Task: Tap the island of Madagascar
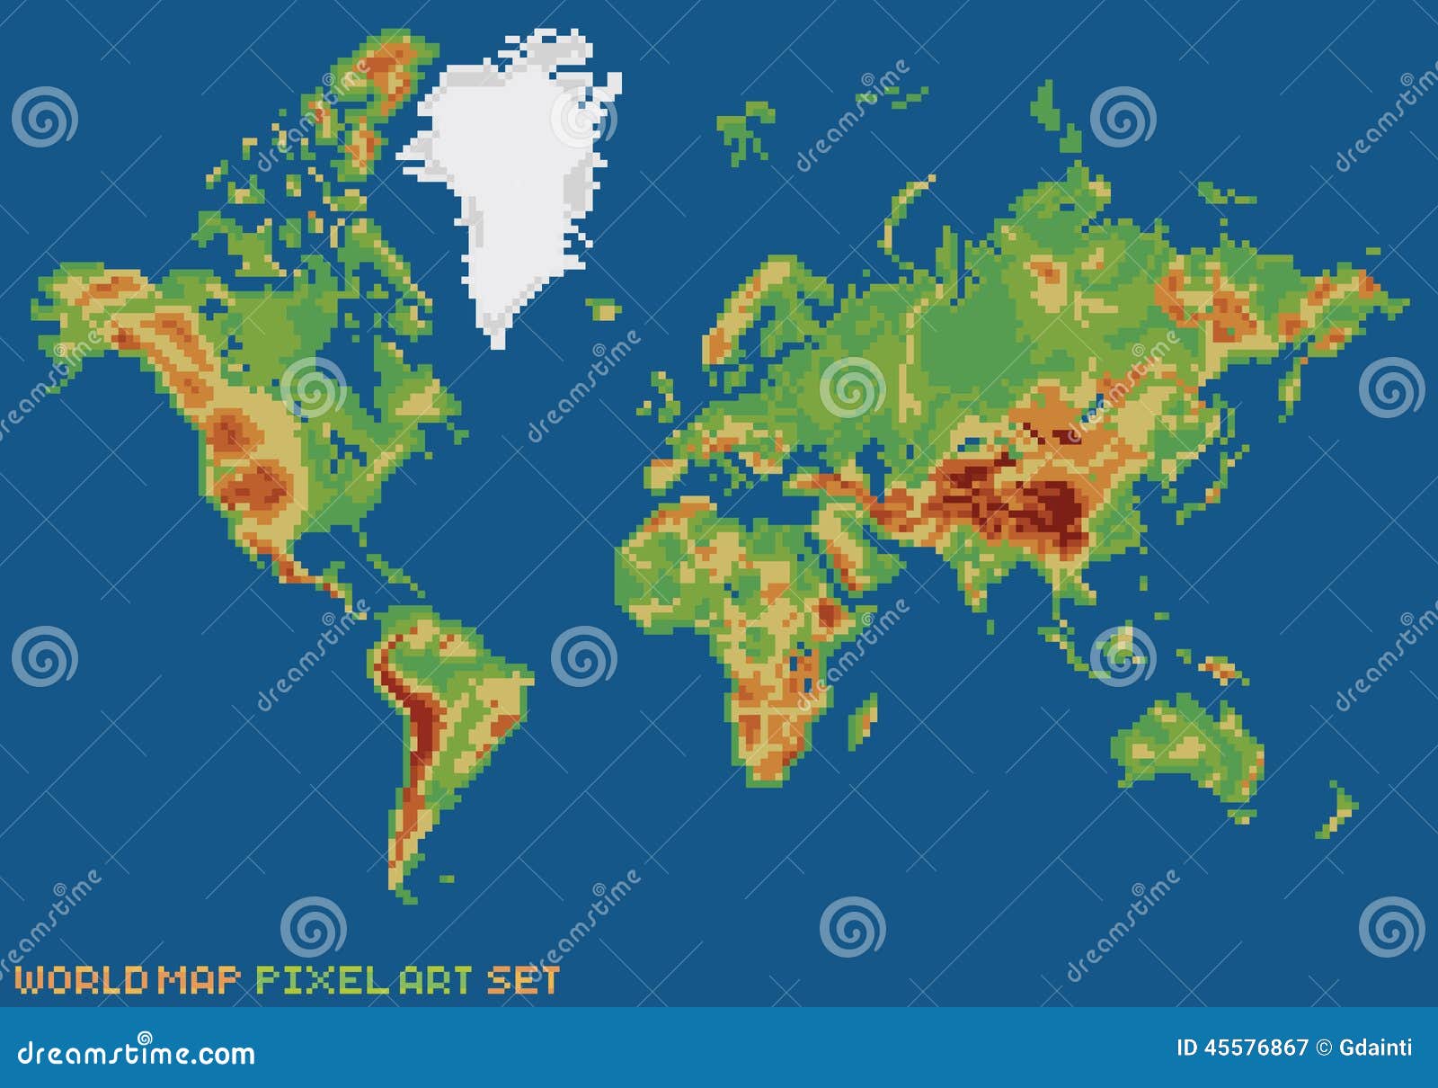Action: (863, 719)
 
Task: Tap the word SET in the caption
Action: (523, 980)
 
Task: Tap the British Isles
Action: (665, 396)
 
